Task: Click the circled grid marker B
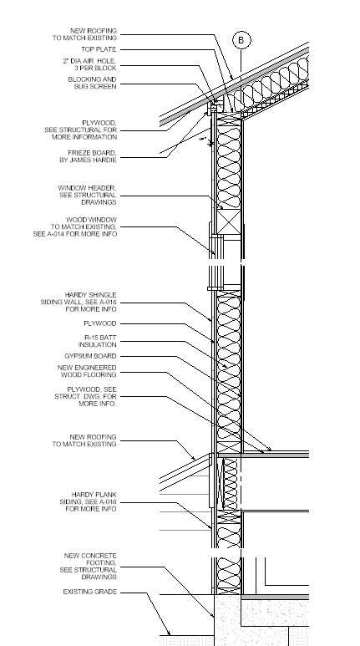[241, 40]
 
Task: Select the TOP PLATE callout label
[99, 49]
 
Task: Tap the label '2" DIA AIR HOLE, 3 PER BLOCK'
[89, 64]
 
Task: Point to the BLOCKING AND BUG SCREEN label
[92, 83]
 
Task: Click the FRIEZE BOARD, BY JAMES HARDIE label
[89, 156]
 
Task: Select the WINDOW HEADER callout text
[88, 195]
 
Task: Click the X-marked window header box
[229, 222]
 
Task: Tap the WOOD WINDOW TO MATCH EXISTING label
[75, 227]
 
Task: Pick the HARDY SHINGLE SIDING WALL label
[79, 302]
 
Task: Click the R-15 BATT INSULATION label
[98, 341]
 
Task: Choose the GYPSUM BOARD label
[90, 356]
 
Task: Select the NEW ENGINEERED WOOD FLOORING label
[87, 371]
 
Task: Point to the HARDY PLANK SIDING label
[89, 501]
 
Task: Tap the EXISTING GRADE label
[90, 592]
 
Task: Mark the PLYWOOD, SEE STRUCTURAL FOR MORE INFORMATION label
[81, 130]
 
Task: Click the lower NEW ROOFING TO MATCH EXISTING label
[84, 440]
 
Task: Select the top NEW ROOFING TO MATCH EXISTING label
[84, 34]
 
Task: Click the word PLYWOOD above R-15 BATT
[100, 323]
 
